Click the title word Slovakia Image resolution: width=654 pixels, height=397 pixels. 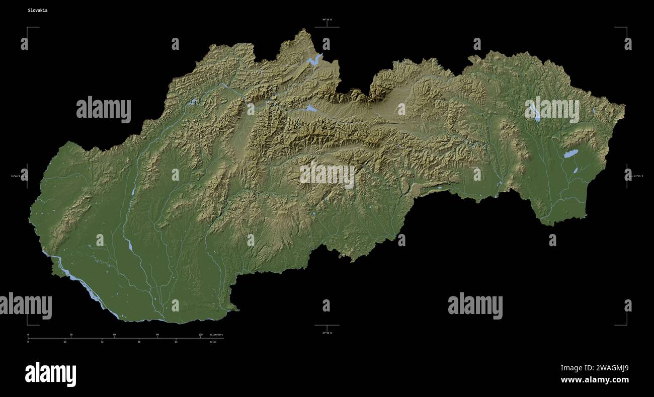click(x=38, y=10)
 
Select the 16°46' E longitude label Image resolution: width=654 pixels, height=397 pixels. click(x=17, y=176)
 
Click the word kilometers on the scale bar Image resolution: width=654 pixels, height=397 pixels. click(x=216, y=335)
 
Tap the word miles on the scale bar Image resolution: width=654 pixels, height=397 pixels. click(x=213, y=342)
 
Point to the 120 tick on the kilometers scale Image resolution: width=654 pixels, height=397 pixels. click(x=200, y=335)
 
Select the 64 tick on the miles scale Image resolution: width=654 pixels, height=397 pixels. click(x=176, y=342)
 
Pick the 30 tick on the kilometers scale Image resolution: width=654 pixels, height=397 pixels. click(x=71, y=335)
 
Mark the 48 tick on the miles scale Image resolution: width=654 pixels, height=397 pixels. click(x=139, y=342)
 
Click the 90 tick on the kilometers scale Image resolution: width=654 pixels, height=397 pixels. click(x=157, y=335)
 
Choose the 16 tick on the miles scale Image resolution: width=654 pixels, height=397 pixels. click(x=65, y=342)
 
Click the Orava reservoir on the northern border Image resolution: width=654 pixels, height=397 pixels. click(x=313, y=61)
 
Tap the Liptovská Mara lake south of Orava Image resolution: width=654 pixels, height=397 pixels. click(x=311, y=108)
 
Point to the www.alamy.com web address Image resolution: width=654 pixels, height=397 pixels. click(x=595, y=380)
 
